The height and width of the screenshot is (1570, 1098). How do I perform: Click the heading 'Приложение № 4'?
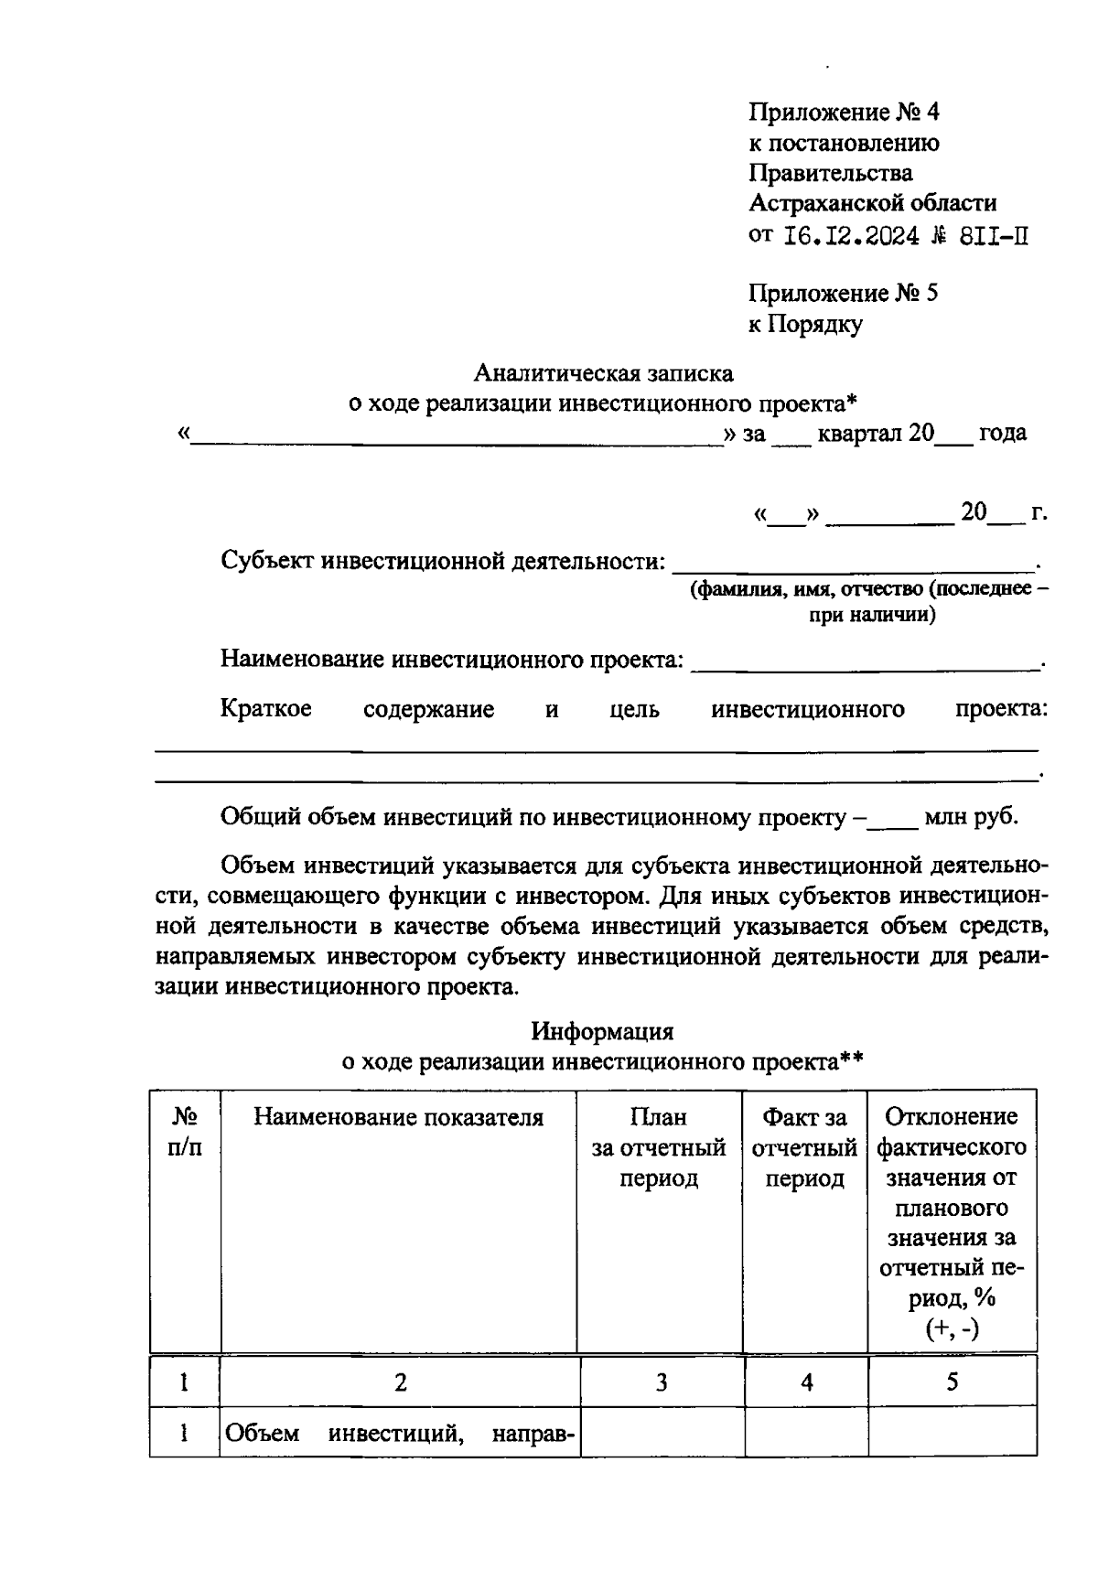[843, 113]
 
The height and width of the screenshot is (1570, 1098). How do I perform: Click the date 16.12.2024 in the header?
[852, 236]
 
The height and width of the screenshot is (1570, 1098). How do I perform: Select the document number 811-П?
[994, 236]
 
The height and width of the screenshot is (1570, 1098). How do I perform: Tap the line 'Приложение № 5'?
[843, 294]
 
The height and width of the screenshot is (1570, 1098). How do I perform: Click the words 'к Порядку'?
[805, 324]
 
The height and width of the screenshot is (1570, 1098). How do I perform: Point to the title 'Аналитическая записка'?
[603, 373]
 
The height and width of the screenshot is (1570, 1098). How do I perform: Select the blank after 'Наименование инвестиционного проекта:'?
[865, 659]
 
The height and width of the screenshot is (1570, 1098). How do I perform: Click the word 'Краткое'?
[265, 709]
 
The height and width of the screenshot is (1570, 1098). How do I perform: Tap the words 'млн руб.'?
[971, 816]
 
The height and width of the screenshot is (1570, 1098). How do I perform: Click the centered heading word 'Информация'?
[602, 1031]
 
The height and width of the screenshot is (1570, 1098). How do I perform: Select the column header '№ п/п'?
[184, 1132]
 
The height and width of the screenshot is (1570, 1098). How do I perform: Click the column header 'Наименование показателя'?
[398, 1117]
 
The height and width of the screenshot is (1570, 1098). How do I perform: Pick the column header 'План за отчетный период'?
[659, 1147]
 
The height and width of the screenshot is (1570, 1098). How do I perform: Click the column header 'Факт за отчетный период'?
[804, 1147]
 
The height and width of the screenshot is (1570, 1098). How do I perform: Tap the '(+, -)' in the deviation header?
[952, 1328]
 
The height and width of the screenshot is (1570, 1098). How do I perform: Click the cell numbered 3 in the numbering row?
[661, 1382]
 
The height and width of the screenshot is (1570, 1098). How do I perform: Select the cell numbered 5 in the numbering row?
[952, 1382]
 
